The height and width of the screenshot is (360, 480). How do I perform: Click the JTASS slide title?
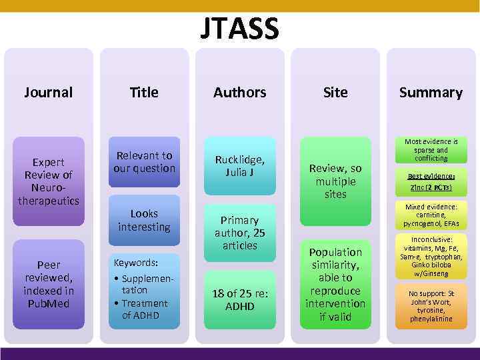click(240, 28)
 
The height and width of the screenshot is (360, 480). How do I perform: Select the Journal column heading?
click(48, 92)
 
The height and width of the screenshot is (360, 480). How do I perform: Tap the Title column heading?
click(144, 92)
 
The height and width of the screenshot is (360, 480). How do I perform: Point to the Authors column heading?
click(240, 92)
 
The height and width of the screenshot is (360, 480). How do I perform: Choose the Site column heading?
click(335, 92)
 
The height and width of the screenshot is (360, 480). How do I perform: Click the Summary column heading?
click(431, 92)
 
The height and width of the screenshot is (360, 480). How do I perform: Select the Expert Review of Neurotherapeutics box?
click(49, 181)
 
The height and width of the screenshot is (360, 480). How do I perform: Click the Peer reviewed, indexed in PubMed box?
click(49, 284)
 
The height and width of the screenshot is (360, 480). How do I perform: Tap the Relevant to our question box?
click(144, 162)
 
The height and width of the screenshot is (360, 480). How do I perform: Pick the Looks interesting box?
click(144, 220)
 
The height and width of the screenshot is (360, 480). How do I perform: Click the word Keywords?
click(135, 263)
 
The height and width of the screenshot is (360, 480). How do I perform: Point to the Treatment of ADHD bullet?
click(145, 309)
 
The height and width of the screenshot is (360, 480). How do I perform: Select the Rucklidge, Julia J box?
click(240, 165)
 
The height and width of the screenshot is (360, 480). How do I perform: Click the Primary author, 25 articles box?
click(240, 232)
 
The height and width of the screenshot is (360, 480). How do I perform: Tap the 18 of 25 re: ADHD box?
click(240, 300)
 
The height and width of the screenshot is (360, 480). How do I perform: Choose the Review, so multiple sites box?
click(335, 181)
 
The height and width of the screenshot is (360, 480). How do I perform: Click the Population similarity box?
click(335, 284)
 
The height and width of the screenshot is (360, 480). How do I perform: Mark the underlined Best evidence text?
click(430, 176)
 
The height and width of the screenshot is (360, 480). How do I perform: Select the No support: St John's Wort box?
click(431, 305)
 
